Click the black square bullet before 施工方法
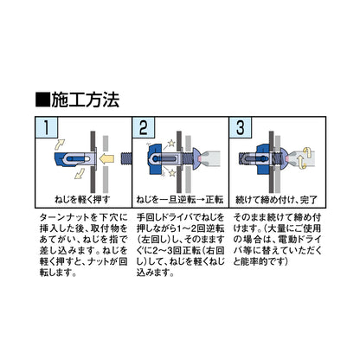click(42, 100)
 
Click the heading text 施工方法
click(85, 100)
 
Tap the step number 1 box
click(46, 127)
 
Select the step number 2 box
click(144, 127)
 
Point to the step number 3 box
click(241, 127)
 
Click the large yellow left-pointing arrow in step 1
click(106, 159)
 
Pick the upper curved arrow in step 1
click(60, 144)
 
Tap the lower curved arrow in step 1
click(80, 174)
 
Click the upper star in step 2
click(171, 143)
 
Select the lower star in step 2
click(172, 173)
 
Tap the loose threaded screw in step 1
click(125, 158)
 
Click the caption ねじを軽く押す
click(82, 200)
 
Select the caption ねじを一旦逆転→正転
click(180, 200)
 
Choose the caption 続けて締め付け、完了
click(277, 200)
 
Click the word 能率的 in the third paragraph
click(256, 261)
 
